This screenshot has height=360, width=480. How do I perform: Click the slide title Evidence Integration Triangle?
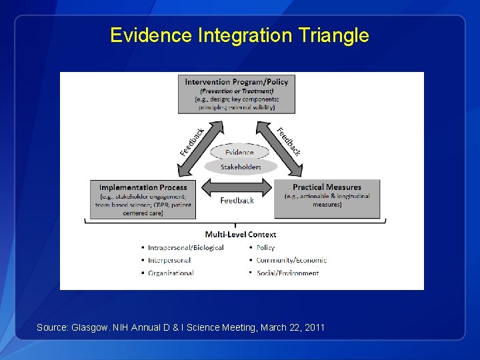click(239, 35)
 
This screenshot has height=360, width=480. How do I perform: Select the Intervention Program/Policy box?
click(236, 94)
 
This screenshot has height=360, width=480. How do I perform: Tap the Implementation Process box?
click(143, 199)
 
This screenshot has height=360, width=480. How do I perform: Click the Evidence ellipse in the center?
click(239, 153)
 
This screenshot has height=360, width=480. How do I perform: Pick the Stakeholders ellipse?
click(240, 167)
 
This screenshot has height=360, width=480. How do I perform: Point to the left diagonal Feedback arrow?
click(193, 141)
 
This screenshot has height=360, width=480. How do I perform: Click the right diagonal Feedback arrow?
click(287, 141)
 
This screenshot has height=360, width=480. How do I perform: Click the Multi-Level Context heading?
click(240, 234)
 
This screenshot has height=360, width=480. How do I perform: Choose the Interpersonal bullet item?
click(171, 260)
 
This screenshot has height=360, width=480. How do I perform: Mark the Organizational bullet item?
click(172, 273)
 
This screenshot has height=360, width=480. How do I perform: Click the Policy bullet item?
click(265, 247)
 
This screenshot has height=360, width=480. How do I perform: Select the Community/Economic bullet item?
click(291, 260)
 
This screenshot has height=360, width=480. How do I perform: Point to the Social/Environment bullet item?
click(287, 273)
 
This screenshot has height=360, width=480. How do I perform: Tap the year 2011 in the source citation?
click(313, 327)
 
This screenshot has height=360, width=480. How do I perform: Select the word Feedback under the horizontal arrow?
click(237, 200)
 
